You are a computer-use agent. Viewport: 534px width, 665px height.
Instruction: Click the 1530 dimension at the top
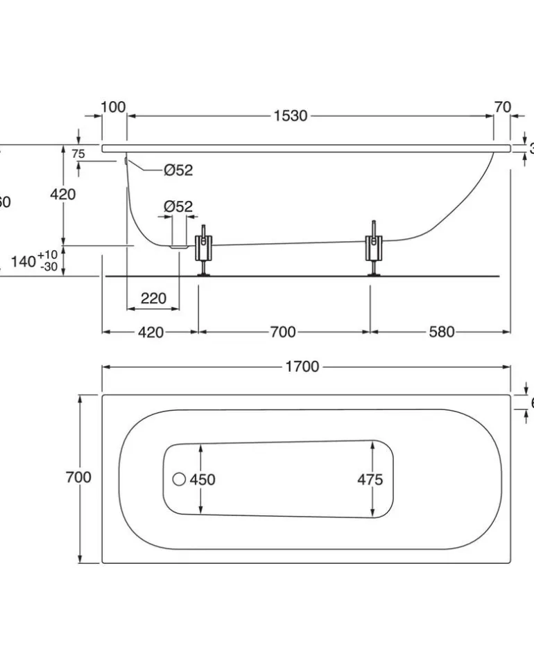pos(290,116)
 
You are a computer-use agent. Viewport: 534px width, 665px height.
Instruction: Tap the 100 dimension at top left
pos(113,107)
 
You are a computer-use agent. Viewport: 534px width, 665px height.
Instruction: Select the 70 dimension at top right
pos(503,107)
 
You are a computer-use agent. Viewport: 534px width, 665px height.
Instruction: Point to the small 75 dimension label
pos(78,154)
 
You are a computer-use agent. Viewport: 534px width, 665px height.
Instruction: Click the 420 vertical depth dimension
pos(62,195)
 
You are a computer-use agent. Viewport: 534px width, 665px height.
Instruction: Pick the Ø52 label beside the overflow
pos(178,170)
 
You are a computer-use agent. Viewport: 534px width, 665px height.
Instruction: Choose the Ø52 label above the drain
pos(178,206)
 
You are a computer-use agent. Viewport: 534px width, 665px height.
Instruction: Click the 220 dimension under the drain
pos(153,298)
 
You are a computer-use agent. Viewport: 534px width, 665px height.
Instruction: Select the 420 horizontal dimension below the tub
pos(150,332)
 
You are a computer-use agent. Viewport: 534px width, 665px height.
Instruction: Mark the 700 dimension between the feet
pos(282,332)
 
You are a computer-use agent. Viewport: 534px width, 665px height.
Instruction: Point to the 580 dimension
pos(441,332)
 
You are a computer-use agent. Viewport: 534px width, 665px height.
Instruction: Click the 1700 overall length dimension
pos(302,366)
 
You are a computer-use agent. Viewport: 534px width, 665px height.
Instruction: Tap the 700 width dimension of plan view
pos(78,477)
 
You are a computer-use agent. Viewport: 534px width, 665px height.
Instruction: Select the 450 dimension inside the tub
pos(203,479)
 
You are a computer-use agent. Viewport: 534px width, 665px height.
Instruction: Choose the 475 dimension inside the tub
pos(370,479)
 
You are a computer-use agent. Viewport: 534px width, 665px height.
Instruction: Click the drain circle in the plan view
pos(179,479)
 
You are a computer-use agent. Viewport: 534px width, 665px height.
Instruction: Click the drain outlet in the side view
pos(179,245)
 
